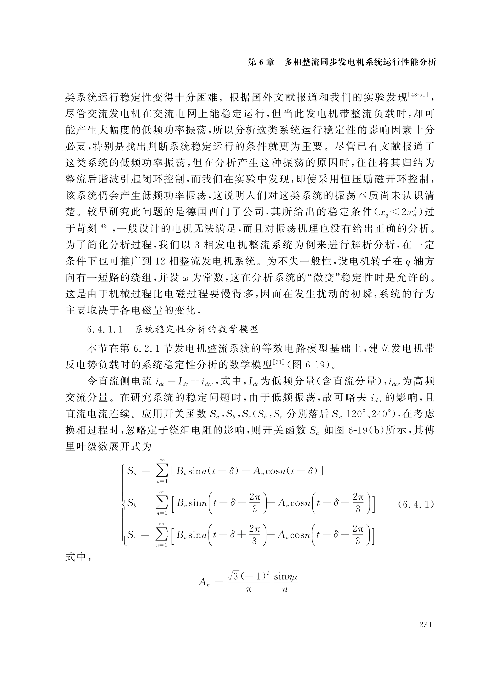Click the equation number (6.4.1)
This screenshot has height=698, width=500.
point(415,504)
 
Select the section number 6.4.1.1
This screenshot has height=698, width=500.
point(105,330)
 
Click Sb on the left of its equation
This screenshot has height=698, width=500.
point(132,504)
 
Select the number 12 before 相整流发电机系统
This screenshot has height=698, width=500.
point(161,262)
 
